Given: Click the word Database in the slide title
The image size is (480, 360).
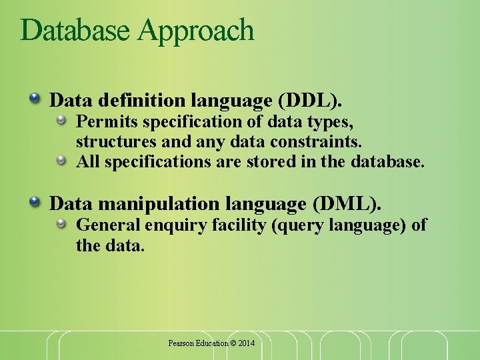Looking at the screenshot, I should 76,31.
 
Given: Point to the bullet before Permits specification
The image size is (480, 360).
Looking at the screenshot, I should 61,121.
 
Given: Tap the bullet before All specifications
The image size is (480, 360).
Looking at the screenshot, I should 61,160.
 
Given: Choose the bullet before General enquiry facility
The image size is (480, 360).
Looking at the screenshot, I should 61,224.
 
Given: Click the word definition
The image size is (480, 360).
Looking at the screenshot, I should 143,101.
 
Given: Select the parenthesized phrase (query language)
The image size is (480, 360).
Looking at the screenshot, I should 338,225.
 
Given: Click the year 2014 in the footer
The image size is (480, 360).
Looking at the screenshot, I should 247,343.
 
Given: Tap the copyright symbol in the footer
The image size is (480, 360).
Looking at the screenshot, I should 233,343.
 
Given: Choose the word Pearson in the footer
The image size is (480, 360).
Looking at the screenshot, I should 181,343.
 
